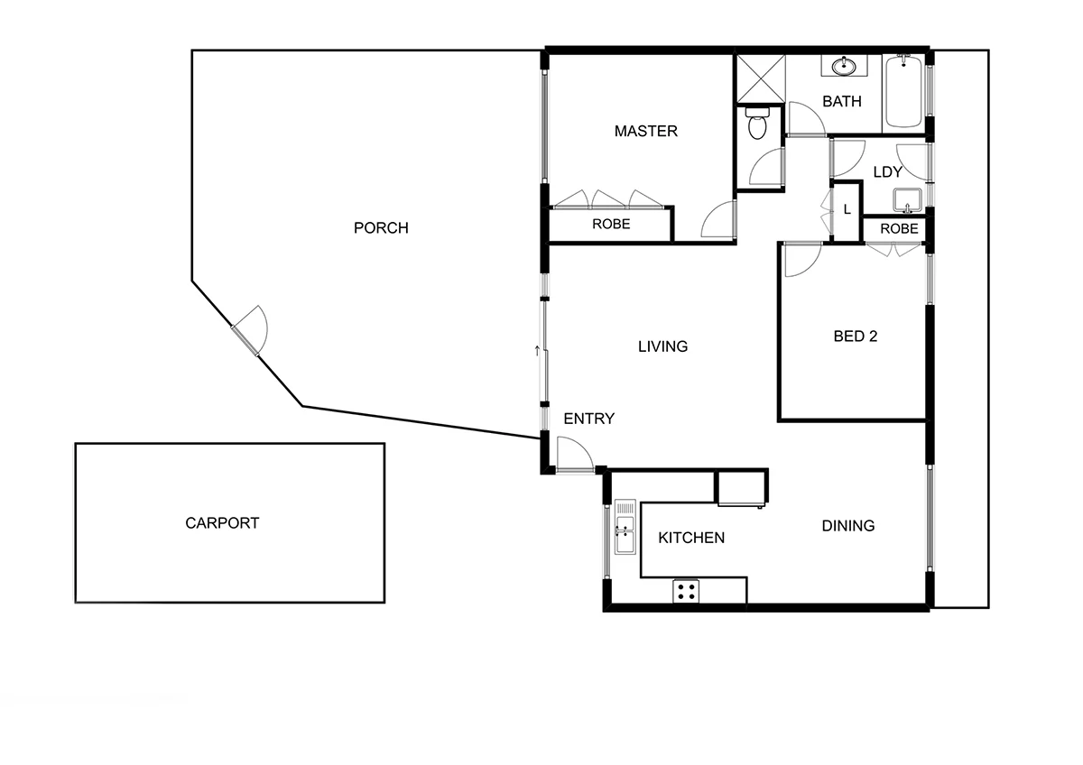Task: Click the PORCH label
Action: pyautogui.click(x=380, y=228)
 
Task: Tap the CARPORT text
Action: pyautogui.click(x=222, y=523)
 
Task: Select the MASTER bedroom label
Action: pyautogui.click(x=645, y=132)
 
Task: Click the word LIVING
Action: pyautogui.click(x=662, y=346)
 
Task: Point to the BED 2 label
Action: pyautogui.click(x=855, y=336)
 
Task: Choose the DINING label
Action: pyautogui.click(x=847, y=526)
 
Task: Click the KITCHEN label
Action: pyautogui.click(x=690, y=539)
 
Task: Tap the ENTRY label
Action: pyautogui.click(x=588, y=419)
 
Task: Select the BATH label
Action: pyautogui.click(x=841, y=102)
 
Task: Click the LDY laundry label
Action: pyautogui.click(x=888, y=172)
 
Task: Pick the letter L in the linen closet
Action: pyautogui.click(x=847, y=209)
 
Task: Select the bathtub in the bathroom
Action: pyautogui.click(x=903, y=92)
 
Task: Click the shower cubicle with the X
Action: pyautogui.click(x=760, y=79)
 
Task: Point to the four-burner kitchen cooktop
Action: pyautogui.click(x=686, y=592)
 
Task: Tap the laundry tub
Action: pyautogui.click(x=905, y=199)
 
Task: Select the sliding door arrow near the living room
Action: pyautogui.click(x=538, y=350)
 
